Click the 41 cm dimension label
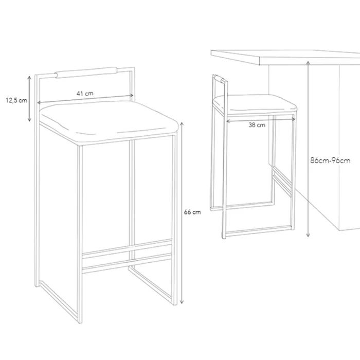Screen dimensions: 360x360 85,94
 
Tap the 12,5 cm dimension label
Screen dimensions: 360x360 16,100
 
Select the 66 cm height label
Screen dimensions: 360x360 192,212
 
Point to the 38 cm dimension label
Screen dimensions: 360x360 257,125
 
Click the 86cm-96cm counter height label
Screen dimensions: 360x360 330,160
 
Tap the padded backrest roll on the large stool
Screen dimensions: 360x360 86,73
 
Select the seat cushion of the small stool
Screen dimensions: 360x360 255,104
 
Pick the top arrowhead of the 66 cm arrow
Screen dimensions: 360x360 182,124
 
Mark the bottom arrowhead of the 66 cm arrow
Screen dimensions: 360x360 182,302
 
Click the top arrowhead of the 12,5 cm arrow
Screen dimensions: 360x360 29,78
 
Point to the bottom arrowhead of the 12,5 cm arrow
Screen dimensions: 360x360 29,119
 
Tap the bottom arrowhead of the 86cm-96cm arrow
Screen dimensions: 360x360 308,235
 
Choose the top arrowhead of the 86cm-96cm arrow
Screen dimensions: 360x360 308,63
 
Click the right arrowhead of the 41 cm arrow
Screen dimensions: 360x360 132,95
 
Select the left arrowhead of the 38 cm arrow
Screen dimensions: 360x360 228,121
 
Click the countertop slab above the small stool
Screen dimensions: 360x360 285,58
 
